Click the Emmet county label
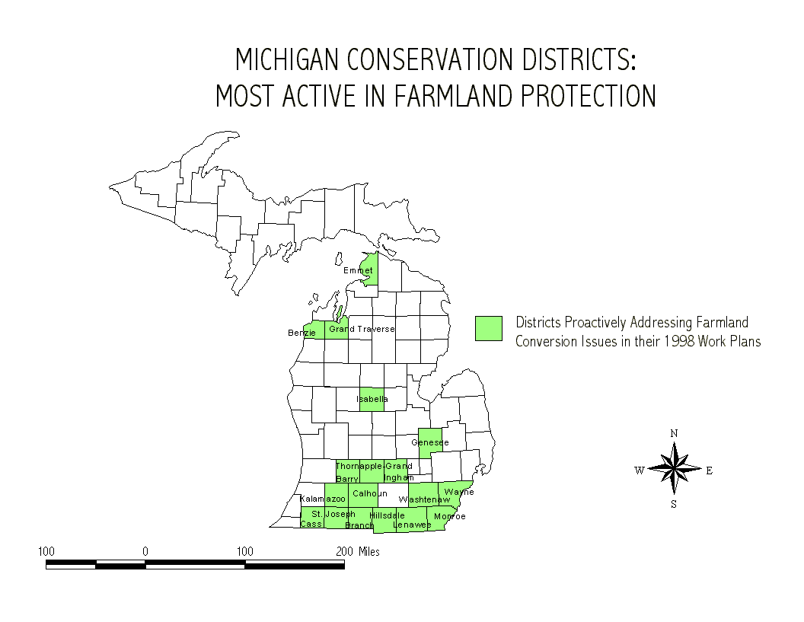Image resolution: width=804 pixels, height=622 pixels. [x=358, y=270]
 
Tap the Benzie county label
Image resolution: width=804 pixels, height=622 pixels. [x=301, y=333]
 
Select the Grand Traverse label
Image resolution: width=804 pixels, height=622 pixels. [x=362, y=329]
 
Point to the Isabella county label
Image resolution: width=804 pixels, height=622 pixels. [x=372, y=399]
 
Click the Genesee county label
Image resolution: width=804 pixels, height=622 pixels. [x=429, y=442]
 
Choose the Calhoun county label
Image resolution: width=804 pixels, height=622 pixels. [x=370, y=493]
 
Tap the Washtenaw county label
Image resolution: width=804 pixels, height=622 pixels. [x=424, y=499]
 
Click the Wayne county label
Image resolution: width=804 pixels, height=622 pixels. [x=459, y=492]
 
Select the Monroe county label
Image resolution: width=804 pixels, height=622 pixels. [x=450, y=516]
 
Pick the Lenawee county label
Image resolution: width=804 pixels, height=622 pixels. [x=412, y=525]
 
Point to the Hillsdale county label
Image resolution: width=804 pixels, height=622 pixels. [x=387, y=515]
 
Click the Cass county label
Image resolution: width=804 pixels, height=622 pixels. [x=311, y=524]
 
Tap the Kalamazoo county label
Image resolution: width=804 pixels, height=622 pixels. [x=322, y=499]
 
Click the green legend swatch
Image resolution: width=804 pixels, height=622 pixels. [x=489, y=328]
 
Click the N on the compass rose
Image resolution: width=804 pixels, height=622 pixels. [x=674, y=433]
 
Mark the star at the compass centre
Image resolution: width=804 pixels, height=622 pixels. [x=675, y=469]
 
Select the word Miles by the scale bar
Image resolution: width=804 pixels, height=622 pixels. [x=368, y=552]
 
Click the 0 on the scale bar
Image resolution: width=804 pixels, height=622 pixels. [x=145, y=552]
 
